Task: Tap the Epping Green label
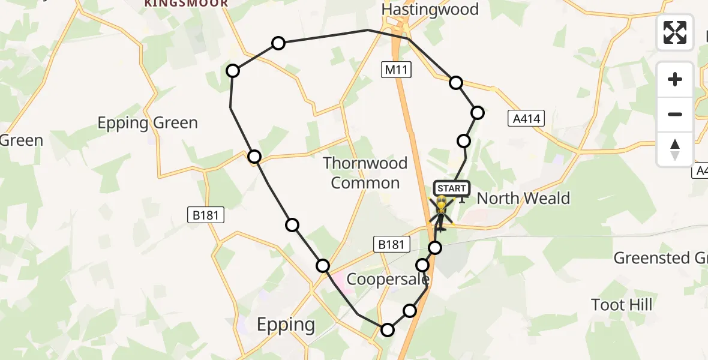[x=148, y=123]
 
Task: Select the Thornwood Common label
[x=365, y=173]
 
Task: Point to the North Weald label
[x=523, y=199]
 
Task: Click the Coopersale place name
[x=388, y=280]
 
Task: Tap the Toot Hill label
[x=622, y=305]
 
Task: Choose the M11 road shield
[x=396, y=70]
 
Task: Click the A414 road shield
[x=525, y=119]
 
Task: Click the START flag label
[x=451, y=188]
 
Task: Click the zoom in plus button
[x=675, y=80]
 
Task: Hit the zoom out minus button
[x=675, y=114]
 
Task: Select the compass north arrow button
[x=675, y=149]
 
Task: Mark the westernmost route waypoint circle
[x=233, y=71]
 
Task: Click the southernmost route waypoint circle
[x=388, y=329]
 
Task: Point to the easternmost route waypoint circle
[x=478, y=112]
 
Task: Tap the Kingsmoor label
[x=186, y=4]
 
